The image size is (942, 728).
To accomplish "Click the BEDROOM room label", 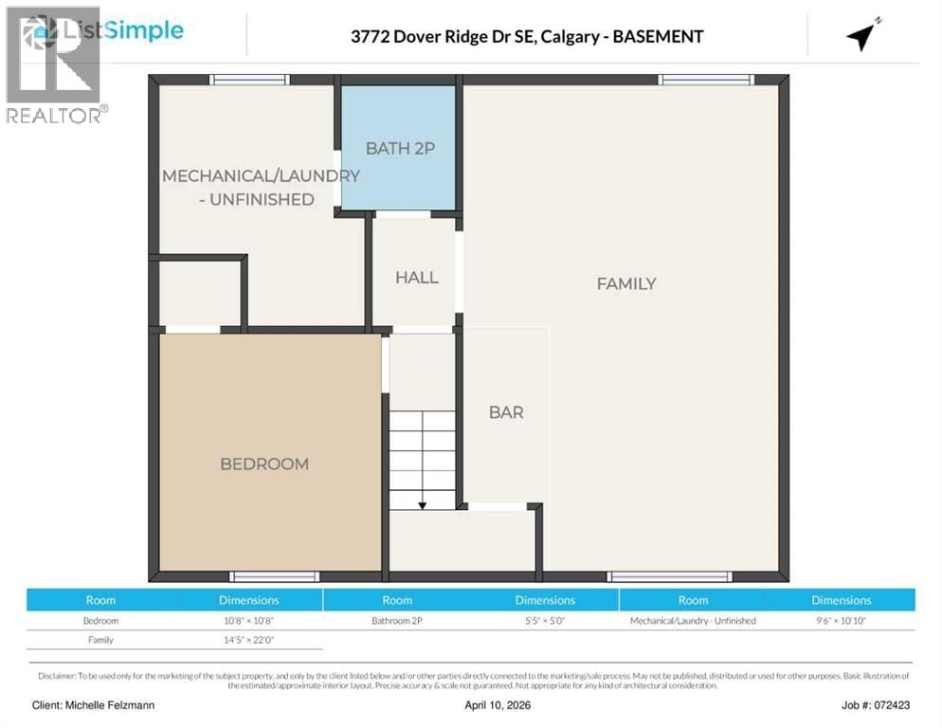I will (x=264, y=464).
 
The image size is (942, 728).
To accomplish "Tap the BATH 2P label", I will (x=400, y=148).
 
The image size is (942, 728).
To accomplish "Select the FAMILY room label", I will (x=626, y=283).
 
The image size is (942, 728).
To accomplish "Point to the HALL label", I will (x=417, y=277).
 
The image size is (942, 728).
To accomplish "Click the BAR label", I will (x=506, y=412).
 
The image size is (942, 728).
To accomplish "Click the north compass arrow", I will (x=862, y=35).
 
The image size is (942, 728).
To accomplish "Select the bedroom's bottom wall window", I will (x=276, y=576).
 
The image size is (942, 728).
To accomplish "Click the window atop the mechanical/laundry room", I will (x=249, y=80).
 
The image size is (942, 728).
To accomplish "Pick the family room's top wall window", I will (x=707, y=80).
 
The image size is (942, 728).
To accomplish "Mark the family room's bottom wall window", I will (x=670, y=576).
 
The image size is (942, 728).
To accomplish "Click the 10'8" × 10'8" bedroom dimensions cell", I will (x=248, y=621).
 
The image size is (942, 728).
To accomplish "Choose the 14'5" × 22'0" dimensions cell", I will (x=248, y=640).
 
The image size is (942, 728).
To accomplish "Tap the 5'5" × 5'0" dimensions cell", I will (x=545, y=621).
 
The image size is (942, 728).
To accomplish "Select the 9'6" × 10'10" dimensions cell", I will (x=841, y=621).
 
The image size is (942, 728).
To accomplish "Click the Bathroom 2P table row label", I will (x=397, y=621).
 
